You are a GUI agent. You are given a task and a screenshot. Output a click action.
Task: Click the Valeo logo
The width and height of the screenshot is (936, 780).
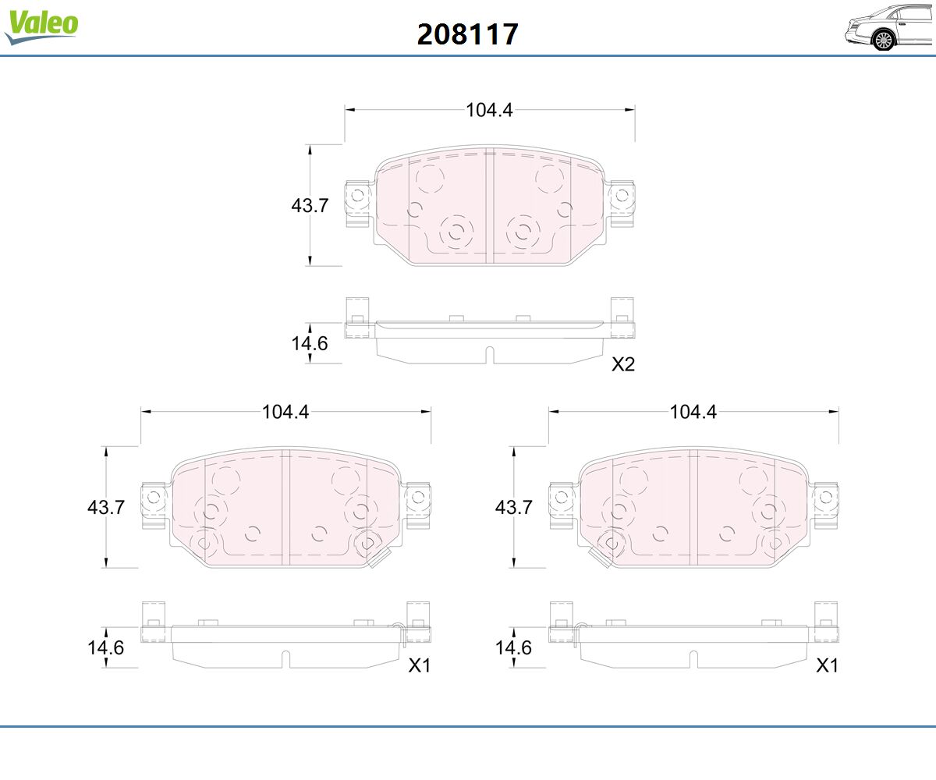(41, 27)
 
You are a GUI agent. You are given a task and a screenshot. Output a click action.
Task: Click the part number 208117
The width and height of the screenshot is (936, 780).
(467, 34)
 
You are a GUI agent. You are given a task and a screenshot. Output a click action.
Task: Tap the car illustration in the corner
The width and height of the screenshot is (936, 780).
(889, 27)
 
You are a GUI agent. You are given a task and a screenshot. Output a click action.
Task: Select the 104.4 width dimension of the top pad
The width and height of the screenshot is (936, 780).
(489, 110)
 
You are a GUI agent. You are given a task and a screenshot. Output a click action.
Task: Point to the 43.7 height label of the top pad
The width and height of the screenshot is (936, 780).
(310, 205)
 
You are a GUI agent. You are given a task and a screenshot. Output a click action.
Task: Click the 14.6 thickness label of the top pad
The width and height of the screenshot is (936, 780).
(310, 343)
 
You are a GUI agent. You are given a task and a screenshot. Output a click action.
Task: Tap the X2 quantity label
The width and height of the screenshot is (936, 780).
(623, 364)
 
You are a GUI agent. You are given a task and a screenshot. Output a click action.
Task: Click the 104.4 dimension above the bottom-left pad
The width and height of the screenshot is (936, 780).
(285, 412)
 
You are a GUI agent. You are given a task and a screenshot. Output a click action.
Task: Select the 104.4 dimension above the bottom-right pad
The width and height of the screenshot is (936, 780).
(693, 412)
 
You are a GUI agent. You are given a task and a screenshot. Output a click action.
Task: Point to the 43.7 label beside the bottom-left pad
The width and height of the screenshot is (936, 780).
(106, 508)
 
